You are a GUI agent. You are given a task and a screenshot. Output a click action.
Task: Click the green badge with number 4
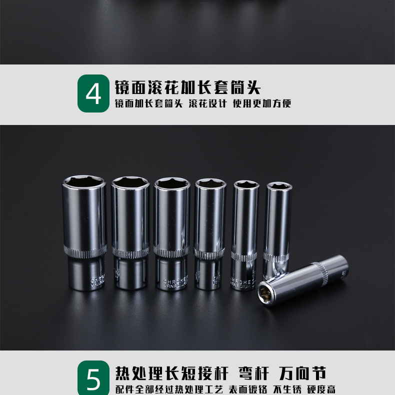[x=93, y=93]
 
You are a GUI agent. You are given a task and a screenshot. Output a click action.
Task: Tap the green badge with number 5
[x=93, y=378]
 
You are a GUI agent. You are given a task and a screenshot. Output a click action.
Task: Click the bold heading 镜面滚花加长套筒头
[x=188, y=87]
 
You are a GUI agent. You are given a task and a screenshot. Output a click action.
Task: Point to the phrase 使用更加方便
[x=262, y=104]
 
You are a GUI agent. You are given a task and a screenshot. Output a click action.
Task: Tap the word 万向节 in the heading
[x=303, y=373]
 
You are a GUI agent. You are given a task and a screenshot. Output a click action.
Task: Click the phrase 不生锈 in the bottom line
[x=286, y=389]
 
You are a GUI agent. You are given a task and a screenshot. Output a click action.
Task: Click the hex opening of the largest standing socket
[x=84, y=181]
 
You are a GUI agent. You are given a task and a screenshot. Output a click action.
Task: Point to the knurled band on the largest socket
[x=84, y=250]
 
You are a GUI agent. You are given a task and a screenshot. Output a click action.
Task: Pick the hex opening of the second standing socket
[x=130, y=184]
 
